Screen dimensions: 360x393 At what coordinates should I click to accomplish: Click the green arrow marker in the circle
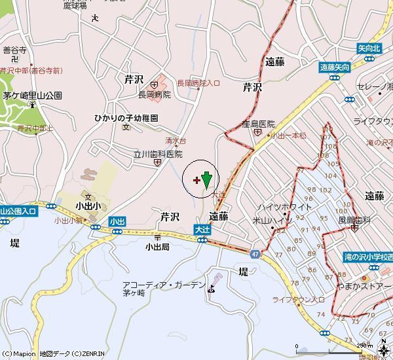click(x=207, y=179)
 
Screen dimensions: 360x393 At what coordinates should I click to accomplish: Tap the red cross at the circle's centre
click(x=197, y=179)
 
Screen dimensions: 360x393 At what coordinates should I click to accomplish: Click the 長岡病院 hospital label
click(x=154, y=94)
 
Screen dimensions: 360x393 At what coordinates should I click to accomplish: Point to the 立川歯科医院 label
click(x=157, y=154)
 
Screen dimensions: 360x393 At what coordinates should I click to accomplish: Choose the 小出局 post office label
click(x=157, y=247)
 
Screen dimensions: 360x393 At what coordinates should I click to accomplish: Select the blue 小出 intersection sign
click(x=117, y=222)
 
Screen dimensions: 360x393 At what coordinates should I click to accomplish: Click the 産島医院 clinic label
click(x=257, y=124)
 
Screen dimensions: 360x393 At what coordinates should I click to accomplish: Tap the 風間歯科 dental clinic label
click(x=354, y=220)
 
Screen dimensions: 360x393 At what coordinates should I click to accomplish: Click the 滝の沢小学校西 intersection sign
click(x=367, y=257)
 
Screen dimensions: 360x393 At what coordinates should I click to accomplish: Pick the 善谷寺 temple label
click(x=14, y=49)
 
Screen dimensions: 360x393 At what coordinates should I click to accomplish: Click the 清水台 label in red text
click(x=176, y=141)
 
